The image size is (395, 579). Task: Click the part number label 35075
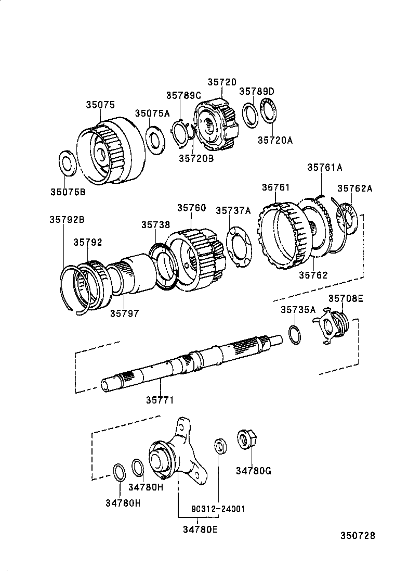[100, 105]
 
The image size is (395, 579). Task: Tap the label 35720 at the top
[222, 82]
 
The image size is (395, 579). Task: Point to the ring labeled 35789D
[251, 115]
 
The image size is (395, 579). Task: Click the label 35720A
[275, 140]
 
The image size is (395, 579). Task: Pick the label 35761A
[324, 167]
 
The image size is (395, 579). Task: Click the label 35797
[124, 313]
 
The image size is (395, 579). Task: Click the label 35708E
[346, 298]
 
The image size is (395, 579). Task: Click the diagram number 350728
[358, 536]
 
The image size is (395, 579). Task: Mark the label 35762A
[354, 188]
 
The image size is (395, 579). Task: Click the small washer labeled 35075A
[154, 140]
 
